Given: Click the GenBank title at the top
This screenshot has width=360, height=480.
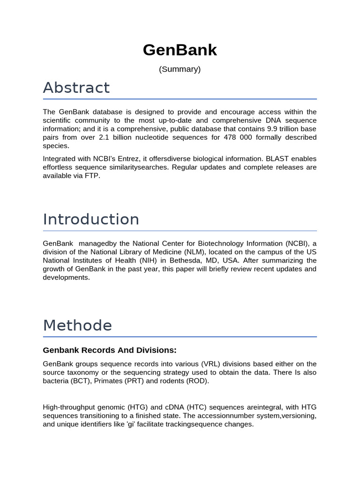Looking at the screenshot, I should pyautogui.click(x=180, y=50).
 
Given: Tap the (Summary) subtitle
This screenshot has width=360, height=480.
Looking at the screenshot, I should pyautogui.click(x=180, y=69).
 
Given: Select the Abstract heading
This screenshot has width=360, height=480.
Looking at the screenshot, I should pyautogui.click(x=76, y=88).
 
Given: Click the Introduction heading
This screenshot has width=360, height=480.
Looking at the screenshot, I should pyautogui.click(x=91, y=219).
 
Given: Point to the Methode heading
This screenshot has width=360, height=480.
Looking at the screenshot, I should pyautogui.click(x=77, y=325).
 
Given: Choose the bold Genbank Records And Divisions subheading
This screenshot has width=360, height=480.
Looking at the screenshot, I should pyautogui.click(x=110, y=350).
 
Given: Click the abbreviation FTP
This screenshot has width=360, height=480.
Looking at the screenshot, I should pyautogui.click(x=92, y=176).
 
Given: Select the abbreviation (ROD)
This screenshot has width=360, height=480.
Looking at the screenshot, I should pyautogui.click(x=197, y=381).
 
